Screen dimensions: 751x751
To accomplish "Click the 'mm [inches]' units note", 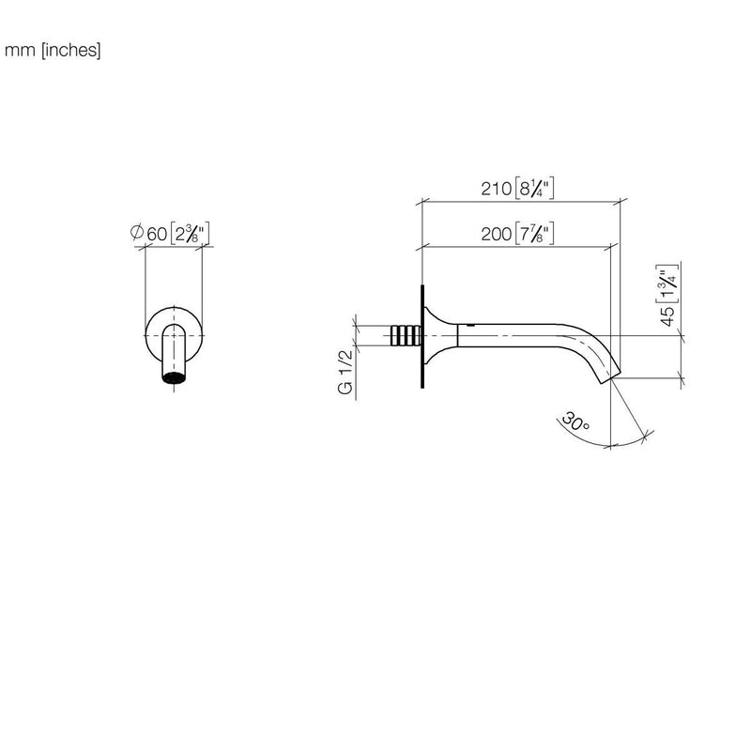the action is pos(53,50).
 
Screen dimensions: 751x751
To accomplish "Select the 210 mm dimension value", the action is pos(497,189).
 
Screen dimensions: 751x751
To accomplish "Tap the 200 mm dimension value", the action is pos(497,234).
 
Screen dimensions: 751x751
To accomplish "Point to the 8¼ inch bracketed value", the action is pos(534,188).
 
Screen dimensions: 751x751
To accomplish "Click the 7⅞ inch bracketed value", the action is pos(534,233).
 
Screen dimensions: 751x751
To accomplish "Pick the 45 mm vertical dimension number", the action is pos(668,316).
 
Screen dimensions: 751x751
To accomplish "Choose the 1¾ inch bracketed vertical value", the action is pos(667,284).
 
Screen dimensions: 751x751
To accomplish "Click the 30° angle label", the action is pos(575,421).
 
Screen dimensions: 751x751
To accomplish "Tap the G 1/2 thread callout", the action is pos(345,372).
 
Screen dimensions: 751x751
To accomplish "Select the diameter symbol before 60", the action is pos(137,232).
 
